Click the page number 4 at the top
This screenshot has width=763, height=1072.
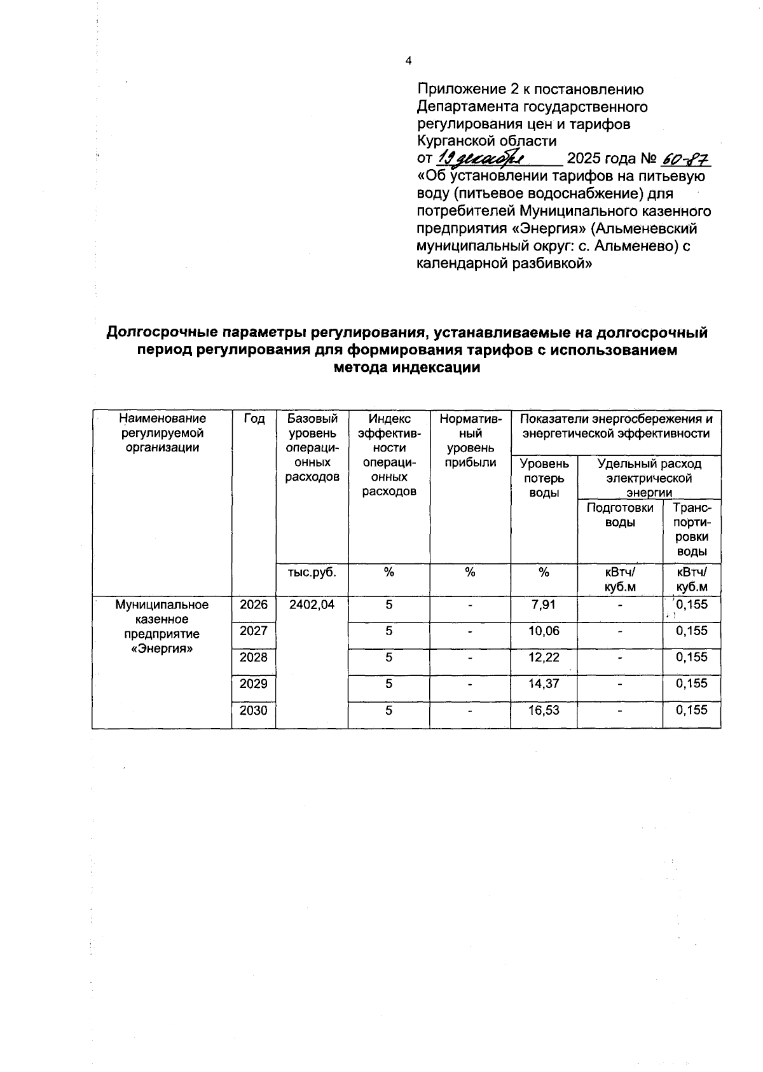pos(408,61)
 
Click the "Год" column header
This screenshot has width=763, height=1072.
pos(254,418)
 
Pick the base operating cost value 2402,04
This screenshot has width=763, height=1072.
pos(312,605)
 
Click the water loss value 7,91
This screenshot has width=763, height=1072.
pos(544,605)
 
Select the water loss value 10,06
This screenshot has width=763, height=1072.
pos(544,631)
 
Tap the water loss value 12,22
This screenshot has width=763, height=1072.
pos(544,657)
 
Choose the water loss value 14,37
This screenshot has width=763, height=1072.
pos(544,684)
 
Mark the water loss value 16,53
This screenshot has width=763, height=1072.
pos(544,710)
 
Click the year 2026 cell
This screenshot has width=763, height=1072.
pos(254,605)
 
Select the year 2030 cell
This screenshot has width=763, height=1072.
pos(254,710)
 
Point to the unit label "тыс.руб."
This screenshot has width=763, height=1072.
pos(312,572)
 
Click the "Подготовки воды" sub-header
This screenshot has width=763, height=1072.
pos(620,515)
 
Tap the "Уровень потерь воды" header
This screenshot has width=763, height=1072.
pos(544,478)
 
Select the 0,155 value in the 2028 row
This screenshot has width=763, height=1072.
pos(692,657)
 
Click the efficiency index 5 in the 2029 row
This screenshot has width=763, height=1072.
pos(388,684)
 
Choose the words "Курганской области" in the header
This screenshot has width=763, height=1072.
pos(486,141)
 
